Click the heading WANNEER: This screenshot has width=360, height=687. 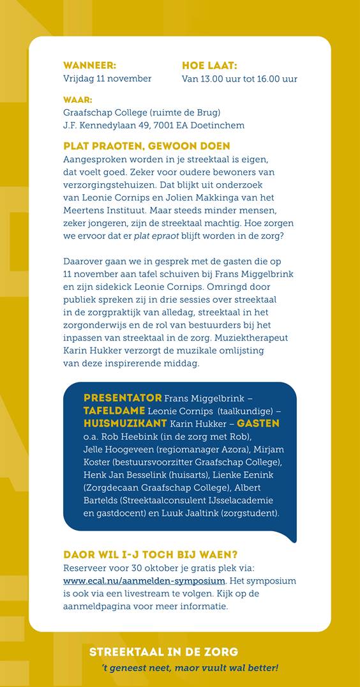[89, 65]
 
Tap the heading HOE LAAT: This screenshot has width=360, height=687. [209, 65]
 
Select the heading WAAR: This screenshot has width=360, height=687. [77, 100]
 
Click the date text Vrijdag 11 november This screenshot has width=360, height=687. [107, 79]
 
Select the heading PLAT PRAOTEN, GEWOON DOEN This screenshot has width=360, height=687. [147, 146]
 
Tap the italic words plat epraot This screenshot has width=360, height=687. [156, 236]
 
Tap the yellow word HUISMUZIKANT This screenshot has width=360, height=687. [125, 423]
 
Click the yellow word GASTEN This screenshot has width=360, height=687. [258, 423]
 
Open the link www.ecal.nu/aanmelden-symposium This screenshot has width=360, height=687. [144, 580]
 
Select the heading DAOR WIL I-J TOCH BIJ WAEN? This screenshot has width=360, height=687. [150, 555]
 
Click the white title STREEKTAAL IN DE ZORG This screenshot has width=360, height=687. [163, 652]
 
